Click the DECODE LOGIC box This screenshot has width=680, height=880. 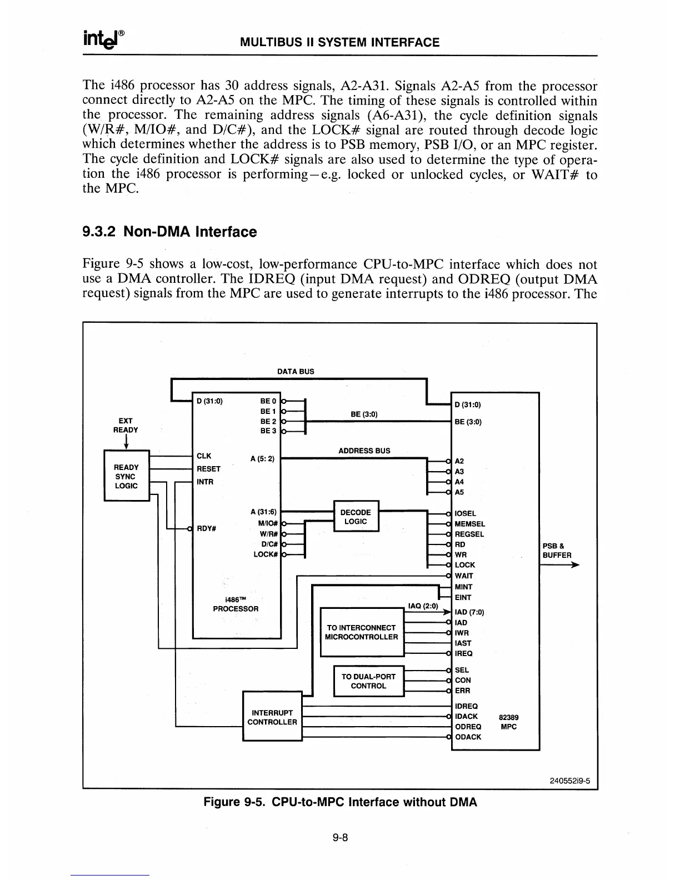tap(356, 517)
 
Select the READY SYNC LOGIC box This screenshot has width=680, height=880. tap(127, 477)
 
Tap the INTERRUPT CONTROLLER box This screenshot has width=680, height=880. tap(272, 717)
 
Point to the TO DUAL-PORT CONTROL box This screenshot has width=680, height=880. tap(368, 681)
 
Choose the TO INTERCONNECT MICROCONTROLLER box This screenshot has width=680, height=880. tap(362, 632)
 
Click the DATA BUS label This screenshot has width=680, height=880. tap(296, 371)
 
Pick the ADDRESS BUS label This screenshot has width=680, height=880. tap(364, 451)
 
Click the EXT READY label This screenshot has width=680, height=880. tap(126, 425)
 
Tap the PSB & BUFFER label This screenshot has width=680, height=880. tap(557, 550)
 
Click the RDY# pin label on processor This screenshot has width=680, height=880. tap(207, 528)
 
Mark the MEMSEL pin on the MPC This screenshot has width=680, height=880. tap(469, 524)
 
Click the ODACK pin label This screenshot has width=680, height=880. tap(468, 737)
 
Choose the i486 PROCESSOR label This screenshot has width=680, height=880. tap(236, 604)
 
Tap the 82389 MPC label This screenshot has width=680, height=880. tap(509, 722)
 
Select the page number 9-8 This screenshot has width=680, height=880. tap(340, 838)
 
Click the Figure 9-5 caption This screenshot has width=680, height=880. tap(340, 802)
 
